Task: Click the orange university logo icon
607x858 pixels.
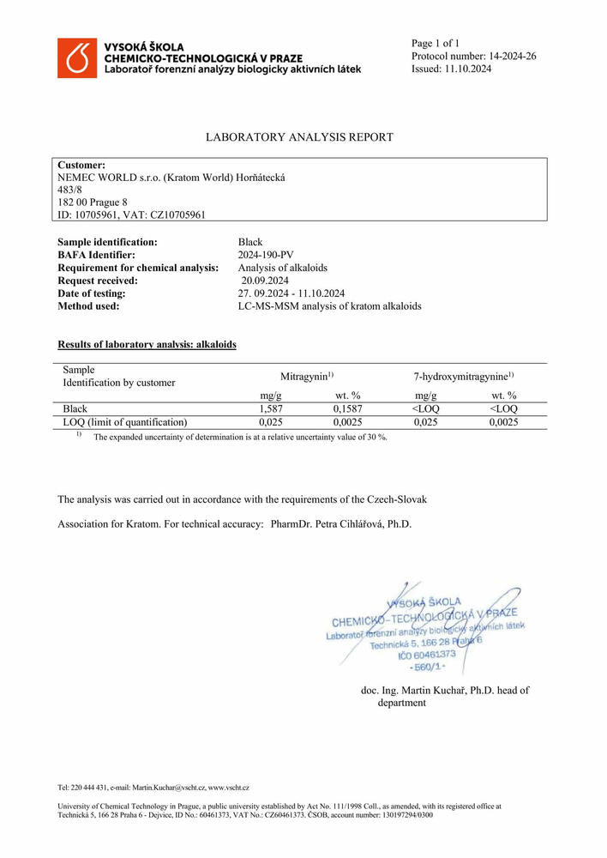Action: point(77,58)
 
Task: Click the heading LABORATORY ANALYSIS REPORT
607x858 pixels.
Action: point(299,137)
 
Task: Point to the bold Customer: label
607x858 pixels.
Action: point(81,165)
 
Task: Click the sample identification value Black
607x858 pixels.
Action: point(249,243)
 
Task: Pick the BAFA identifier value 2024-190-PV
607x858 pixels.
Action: point(265,255)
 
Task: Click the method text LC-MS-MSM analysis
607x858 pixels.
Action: point(329,305)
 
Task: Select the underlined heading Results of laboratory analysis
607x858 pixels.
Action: point(147,344)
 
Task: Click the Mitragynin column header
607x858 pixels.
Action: point(306,377)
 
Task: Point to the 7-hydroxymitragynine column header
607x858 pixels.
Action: point(464,377)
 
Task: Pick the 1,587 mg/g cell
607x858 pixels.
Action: point(271,409)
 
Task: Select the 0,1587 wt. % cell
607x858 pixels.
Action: point(348,409)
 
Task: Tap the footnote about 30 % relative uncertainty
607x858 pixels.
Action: point(240,437)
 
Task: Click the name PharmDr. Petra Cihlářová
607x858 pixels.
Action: point(341,523)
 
